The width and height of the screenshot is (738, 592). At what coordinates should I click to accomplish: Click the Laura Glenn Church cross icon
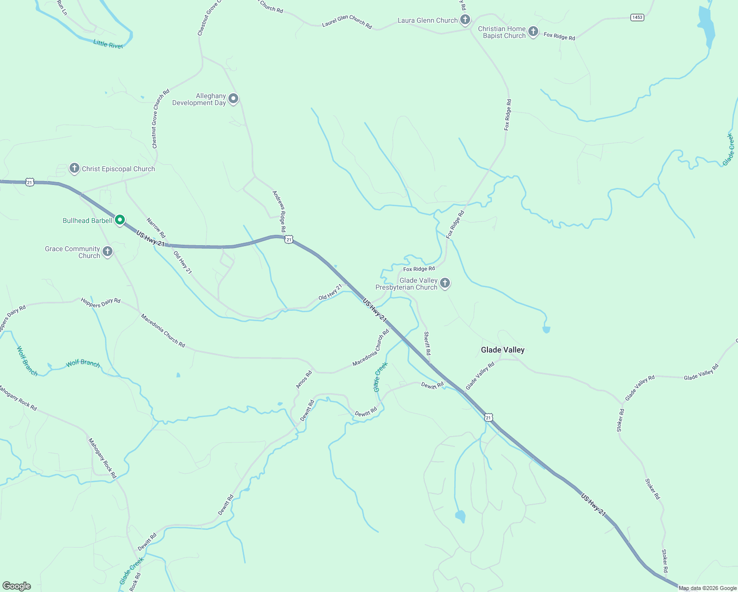click(465, 20)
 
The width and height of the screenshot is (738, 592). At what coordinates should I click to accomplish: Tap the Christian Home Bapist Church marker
click(533, 32)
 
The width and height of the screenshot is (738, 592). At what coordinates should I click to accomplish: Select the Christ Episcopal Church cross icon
click(74, 168)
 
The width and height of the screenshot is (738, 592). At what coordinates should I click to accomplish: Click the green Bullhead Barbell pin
click(119, 220)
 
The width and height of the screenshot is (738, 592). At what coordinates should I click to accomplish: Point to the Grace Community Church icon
click(107, 252)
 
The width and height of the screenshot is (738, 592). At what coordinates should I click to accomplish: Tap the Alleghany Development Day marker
click(233, 99)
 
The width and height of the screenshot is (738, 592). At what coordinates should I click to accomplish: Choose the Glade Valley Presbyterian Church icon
click(444, 283)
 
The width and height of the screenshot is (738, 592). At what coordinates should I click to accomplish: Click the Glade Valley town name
click(503, 350)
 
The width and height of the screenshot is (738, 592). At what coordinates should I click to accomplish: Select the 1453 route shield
click(637, 17)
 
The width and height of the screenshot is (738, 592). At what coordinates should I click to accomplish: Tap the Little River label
click(108, 44)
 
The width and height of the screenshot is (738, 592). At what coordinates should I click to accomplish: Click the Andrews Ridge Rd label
click(279, 211)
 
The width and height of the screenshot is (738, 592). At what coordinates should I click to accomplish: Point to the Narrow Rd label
click(156, 228)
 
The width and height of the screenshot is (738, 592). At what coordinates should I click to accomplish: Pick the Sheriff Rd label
click(427, 343)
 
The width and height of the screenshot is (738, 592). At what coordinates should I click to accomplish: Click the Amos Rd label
click(304, 379)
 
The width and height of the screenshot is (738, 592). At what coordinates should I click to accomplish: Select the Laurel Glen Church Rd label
click(347, 22)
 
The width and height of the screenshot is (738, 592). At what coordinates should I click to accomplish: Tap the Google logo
click(17, 586)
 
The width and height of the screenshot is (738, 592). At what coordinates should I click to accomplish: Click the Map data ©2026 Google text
click(707, 588)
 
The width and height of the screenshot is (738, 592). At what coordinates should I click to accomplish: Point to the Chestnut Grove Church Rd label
click(161, 118)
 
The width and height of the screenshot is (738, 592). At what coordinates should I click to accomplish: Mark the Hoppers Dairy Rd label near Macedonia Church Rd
click(101, 302)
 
